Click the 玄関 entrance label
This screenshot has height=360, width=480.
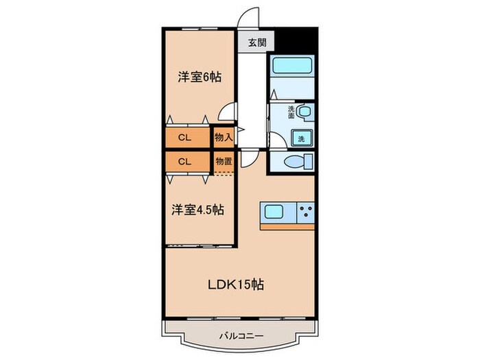(x=254, y=43)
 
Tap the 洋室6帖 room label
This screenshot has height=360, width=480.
(x=200, y=77)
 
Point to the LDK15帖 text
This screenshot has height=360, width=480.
(x=236, y=283)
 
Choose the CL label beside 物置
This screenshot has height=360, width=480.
(x=184, y=162)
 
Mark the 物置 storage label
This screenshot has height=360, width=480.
(x=224, y=162)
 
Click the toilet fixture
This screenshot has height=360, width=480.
(x=296, y=162)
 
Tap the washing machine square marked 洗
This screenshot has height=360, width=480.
(x=300, y=138)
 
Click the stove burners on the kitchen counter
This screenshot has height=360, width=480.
(x=304, y=211)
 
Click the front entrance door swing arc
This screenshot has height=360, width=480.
(x=249, y=18)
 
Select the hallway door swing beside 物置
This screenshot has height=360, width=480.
(x=252, y=159)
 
